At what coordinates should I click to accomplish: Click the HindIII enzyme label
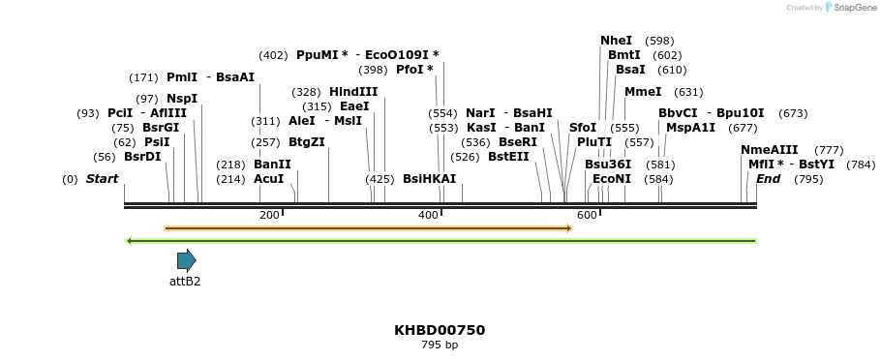click(x=353, y=92)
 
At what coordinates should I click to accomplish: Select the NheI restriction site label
click(x=616, y=41)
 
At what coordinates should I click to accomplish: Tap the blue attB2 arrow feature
click(x=186, y=260)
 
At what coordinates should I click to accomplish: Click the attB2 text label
click(x=185, y=282)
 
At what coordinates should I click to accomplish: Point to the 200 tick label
click(x=269, y=215)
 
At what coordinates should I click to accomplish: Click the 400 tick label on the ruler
click(x=428, y=215)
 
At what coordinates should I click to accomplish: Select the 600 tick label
click(x=587, y=215)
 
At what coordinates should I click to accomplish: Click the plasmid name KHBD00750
click(x=440, y=330)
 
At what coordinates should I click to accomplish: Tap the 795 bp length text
click(x=440, y=345)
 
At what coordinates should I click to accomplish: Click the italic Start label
click(x=102, y=179)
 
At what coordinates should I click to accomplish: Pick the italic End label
click(x=768, y=179)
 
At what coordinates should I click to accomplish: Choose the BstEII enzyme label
click(x=508, y=157)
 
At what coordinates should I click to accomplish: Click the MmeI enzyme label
click(x=643, y=92)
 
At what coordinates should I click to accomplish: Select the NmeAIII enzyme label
click(x=769, y=150)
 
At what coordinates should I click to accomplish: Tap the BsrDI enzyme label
click(x=142, y=157)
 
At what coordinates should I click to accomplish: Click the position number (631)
click(x=688, y=92)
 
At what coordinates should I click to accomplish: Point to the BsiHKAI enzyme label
click(x=429, y=179)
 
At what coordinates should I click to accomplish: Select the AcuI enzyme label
click(x=268, y=179)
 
